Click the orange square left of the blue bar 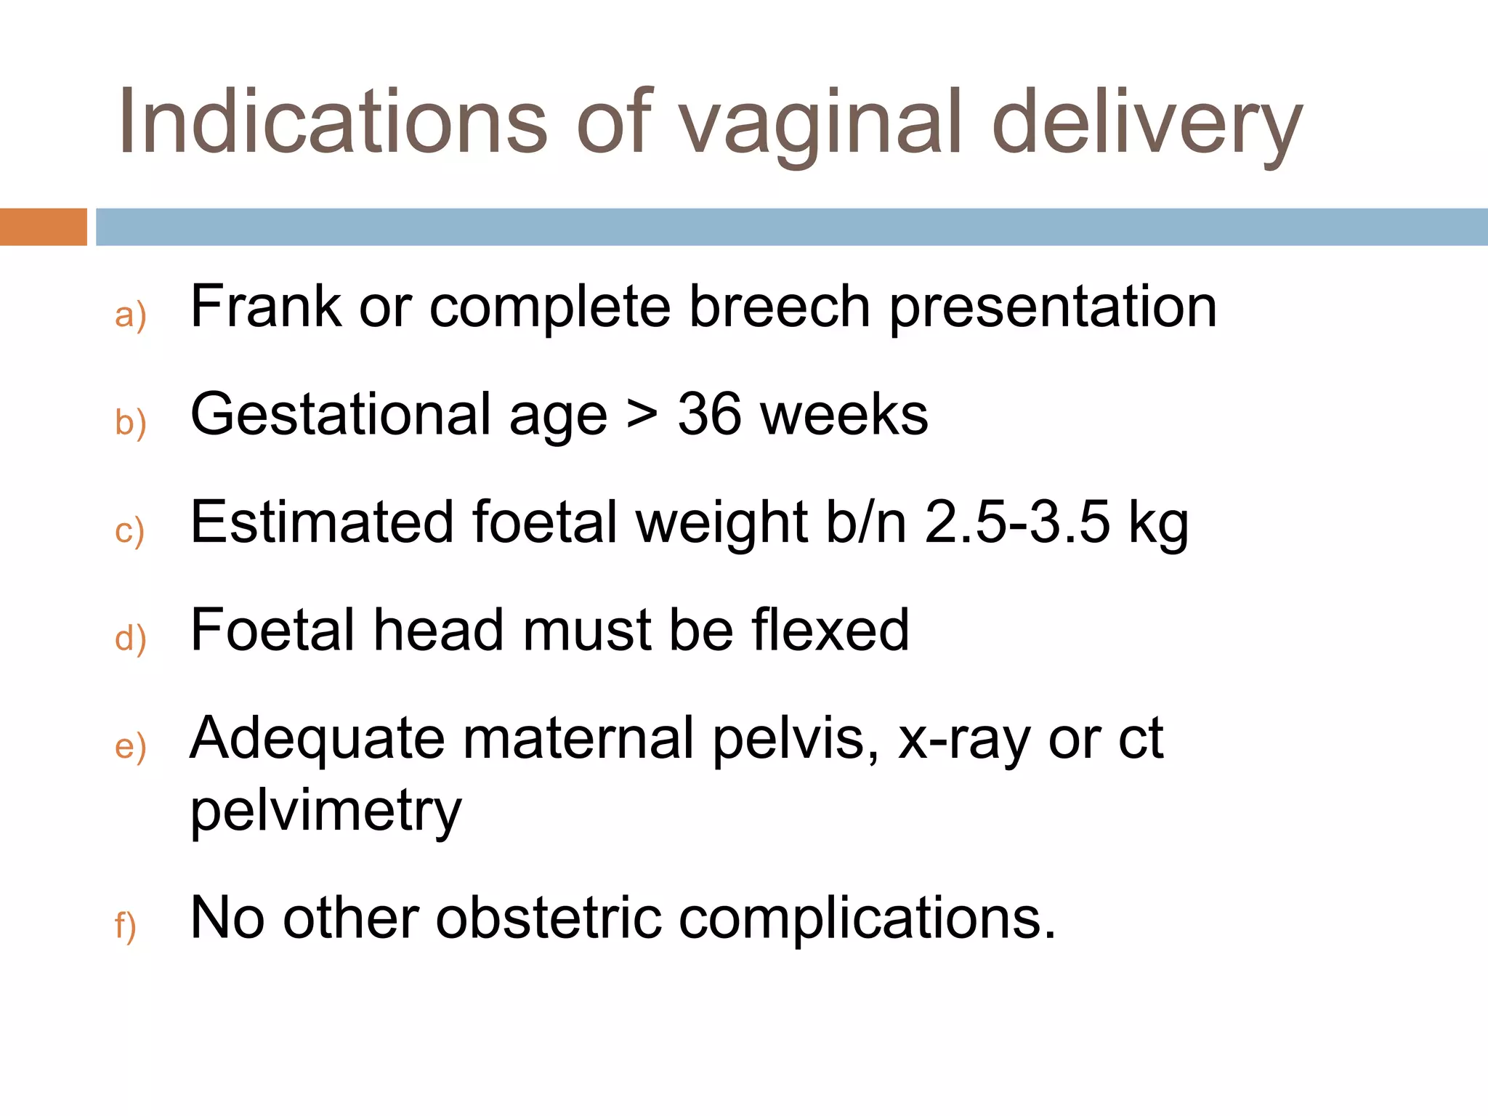click(x=43, y=227)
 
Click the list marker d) click(x=131, y=638)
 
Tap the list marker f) click(x=126, y=926)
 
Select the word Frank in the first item click(x=265, y=307)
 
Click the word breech click(x=780, y=307)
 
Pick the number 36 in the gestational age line click(x=709, y=414)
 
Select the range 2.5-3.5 click(x=1017, y=522)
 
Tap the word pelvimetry click(x=325, y=811)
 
